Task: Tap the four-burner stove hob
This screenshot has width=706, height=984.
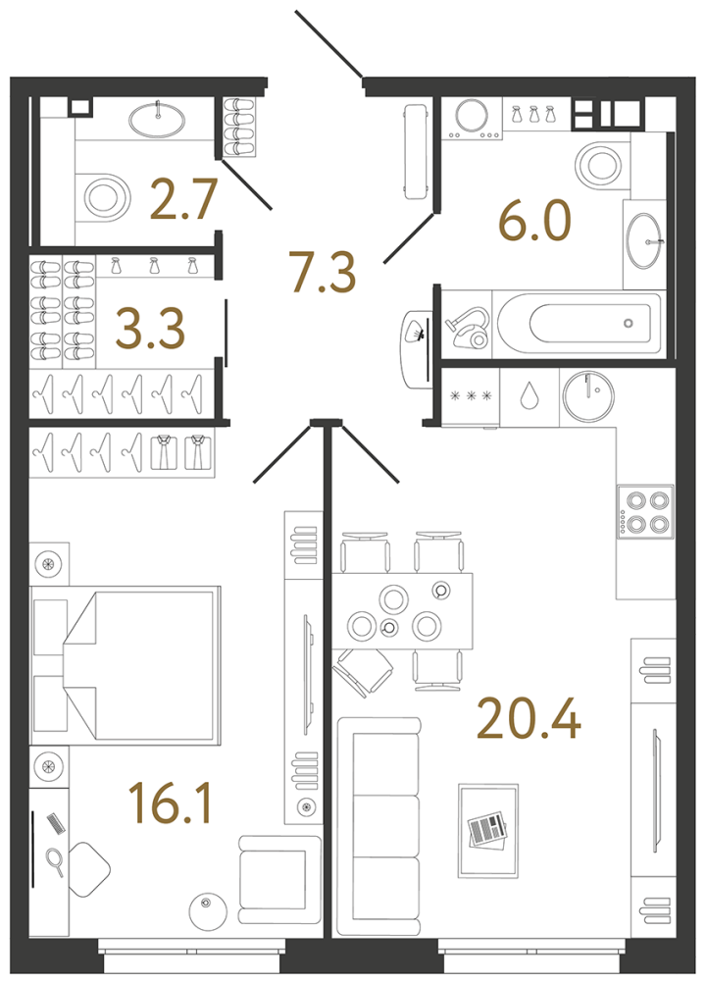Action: pos(645,511)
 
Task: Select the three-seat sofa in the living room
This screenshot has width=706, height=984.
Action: pos(378,826)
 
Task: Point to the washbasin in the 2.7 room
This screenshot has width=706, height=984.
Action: pos(156,120)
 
